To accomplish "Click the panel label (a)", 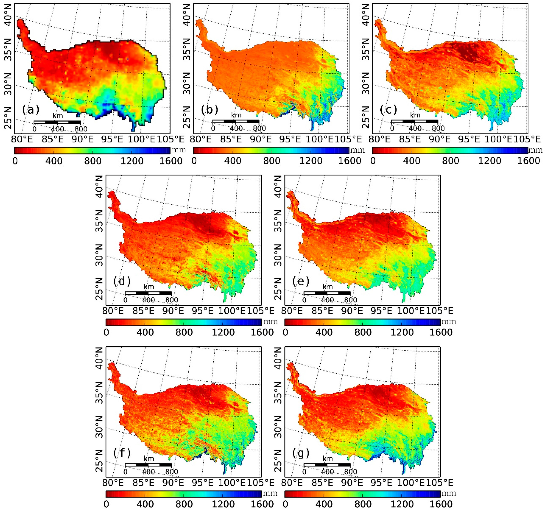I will (x=31, y=110).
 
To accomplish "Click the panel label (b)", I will (x=209, y=110).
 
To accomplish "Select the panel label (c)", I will (x=388, y=110).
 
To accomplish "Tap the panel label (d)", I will (x=122, y=281).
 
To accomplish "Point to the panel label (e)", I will (x=301, y=281).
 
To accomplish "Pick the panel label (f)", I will (x=122, y=453).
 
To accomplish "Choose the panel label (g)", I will (x=301, y=453).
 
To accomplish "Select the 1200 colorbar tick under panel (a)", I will (x=132, y=161).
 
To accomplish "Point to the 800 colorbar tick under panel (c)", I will (x=450, y=161).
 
